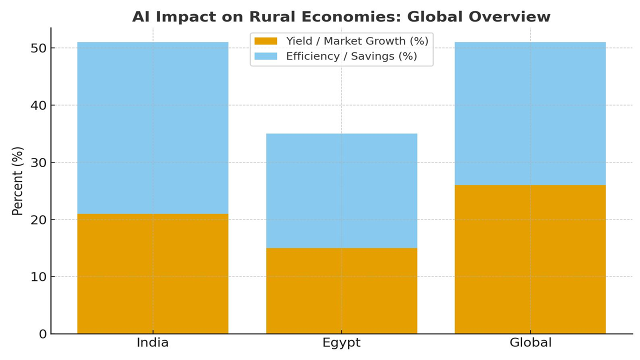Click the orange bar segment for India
(152, 273)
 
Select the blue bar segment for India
(152, 128)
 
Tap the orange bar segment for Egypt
(341, 290)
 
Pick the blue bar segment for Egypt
(341, 190)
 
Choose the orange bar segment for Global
(530, 259)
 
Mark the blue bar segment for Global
(530, 113)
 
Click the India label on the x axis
(152, 343)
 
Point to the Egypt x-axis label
(341, 343)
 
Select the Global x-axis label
(530, 343)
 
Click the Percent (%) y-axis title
(18, 181)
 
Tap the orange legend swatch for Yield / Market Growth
(265, 41)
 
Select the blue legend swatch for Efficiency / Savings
(265, 56)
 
